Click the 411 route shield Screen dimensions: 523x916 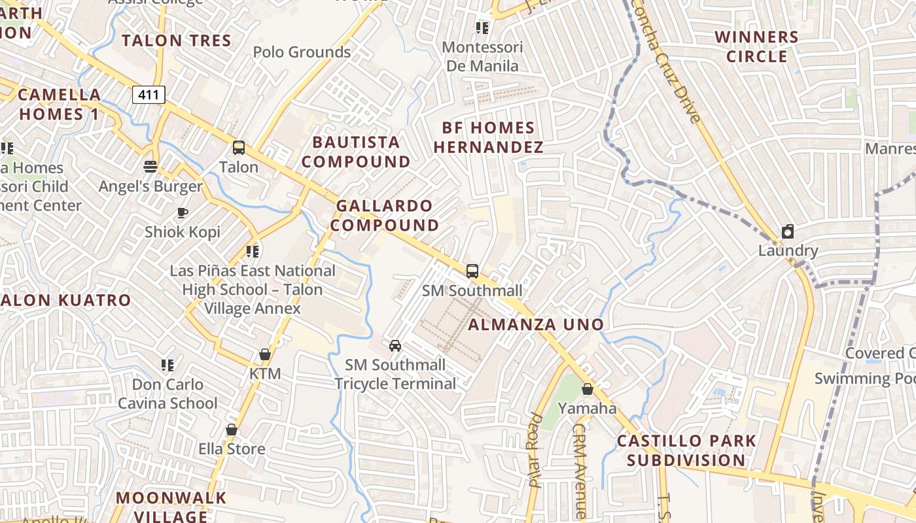point(149,95)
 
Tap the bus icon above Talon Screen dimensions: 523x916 point(239,148)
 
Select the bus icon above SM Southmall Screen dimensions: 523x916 point(472,271)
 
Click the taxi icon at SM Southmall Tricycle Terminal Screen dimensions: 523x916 point(395,345)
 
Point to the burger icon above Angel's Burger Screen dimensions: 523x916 point(150,167)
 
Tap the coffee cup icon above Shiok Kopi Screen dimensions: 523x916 point(183,212)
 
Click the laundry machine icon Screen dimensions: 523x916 point(788,231)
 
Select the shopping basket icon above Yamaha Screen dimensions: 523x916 point(588,389)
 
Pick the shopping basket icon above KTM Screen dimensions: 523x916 point(265,354)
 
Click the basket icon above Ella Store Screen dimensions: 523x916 point(232,430)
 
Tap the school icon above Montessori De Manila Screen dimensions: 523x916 point(482,27)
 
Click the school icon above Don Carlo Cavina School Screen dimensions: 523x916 point(167,365)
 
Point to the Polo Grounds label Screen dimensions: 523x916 point(302,52)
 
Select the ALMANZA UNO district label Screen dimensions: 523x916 point(536,324)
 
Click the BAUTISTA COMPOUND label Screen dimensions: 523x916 point(357,152)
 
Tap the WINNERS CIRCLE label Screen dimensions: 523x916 point(757,46)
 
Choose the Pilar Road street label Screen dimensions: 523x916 point(536,451)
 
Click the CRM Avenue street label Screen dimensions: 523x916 point(580,471)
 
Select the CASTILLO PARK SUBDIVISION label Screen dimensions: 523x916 point(686,450)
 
